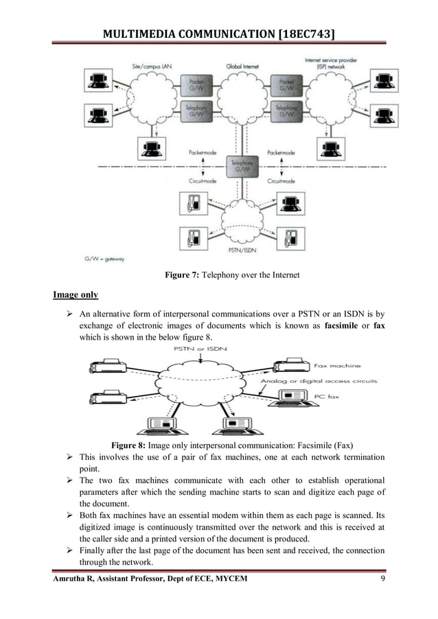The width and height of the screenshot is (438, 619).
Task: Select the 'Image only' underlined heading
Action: (x=76, y=295)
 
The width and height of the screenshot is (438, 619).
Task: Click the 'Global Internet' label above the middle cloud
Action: (x=242, y=66)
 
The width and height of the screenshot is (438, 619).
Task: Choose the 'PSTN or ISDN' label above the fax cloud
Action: (x=214, y=349)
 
